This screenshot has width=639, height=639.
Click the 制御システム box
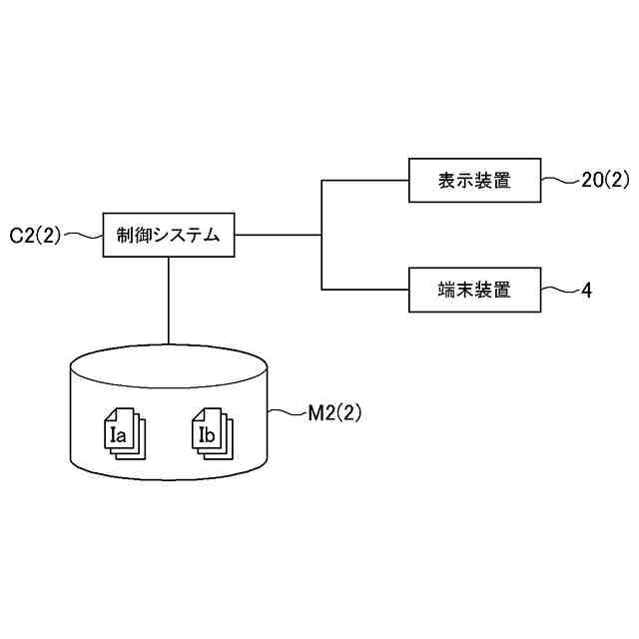pos(168,235)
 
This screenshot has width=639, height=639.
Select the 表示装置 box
pos(474,181)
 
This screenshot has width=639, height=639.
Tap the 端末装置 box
pos(474,291)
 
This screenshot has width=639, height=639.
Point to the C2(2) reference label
pos(36,236)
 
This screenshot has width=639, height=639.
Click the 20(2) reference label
pos(605,181)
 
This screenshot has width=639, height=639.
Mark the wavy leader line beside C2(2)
pos(84,236)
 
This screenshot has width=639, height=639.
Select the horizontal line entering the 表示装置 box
pos(364,181)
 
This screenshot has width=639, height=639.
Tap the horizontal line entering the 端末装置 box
pos(364,291)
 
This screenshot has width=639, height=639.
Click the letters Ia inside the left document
pos(117,434)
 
